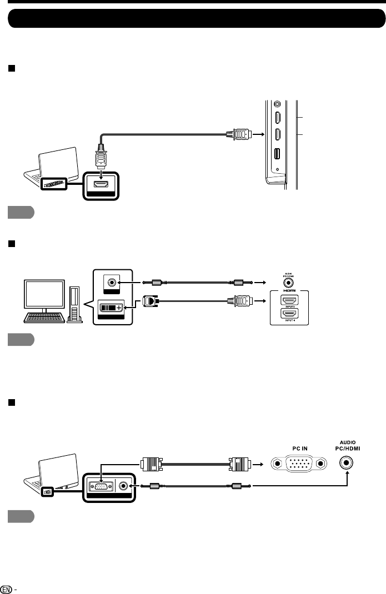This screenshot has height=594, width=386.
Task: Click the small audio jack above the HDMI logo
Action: tap(288, 281)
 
